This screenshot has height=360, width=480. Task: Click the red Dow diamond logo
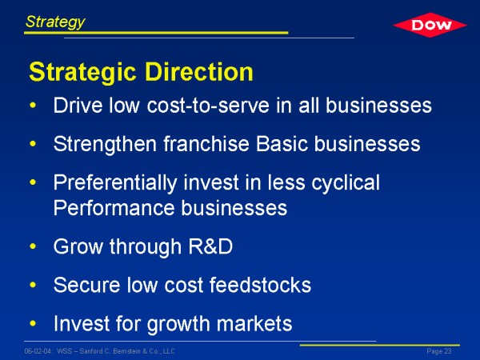pos(430,25)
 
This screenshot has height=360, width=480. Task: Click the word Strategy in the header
pos(55,22)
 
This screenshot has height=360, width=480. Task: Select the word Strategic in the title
pos(82,73)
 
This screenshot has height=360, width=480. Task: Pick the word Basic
pos(282,143)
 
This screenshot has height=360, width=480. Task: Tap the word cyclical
pos(346,183)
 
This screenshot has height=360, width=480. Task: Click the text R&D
pos(210,246)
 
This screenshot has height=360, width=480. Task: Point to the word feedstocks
pos(260,285)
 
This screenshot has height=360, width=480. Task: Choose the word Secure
pos(86,285)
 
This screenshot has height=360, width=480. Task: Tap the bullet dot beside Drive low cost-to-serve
pos(33,106)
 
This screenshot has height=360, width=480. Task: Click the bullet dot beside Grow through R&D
pos(33,246)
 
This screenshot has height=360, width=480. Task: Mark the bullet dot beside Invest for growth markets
pos(33,323)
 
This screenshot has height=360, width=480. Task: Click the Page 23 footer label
pos(439,351)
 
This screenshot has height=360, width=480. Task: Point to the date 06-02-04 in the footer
pos(38,351)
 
